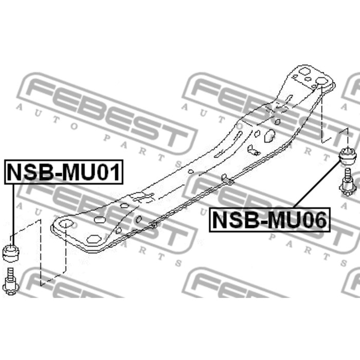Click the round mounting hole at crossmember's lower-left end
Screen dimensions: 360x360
pyautogui.click(x=65, y=224)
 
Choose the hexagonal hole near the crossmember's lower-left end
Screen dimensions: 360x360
pyautogui.click(x=93, y=239)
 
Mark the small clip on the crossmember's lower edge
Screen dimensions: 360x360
pyautogui.click(x=226, y=179)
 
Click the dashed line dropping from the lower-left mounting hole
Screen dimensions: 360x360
pyautogui.click(x=66, y=257)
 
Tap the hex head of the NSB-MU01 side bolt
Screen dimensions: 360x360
pyautogui.click(x=10, y=289)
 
